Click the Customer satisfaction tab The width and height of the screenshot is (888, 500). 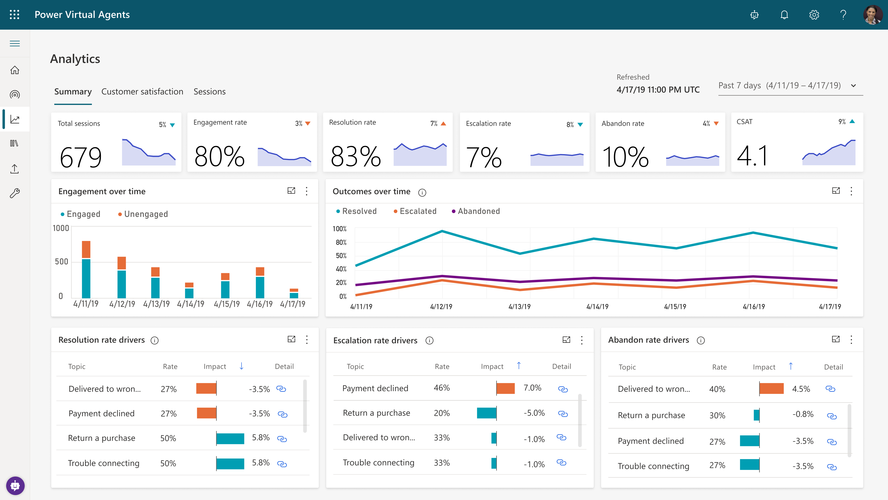142,91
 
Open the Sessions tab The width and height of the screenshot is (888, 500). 209,91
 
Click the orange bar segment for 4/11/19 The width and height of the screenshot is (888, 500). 86,249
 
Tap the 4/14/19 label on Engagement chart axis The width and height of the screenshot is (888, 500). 190,304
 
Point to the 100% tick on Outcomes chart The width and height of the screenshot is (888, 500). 340,229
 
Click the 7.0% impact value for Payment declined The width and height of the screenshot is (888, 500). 532,388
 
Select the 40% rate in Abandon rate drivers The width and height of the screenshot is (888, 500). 717,389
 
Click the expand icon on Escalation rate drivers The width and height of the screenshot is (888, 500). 566,340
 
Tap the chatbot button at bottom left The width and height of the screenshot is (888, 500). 15,486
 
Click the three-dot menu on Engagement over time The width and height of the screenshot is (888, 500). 306,191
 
